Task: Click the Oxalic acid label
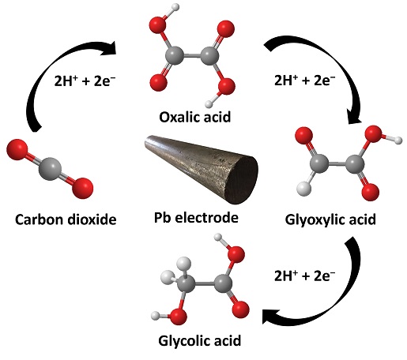(195, 117)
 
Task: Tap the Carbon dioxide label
(66, 219)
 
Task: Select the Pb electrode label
(196, 218)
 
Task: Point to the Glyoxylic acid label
(330, 220)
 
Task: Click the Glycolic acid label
(200, 341)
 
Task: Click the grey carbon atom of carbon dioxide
(50, 169)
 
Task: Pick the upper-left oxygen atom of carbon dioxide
(17, 149)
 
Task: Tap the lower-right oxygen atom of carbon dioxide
(83, 188)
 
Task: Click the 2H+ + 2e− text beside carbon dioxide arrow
(85, 81)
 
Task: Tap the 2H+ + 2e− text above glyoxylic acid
(304, 80)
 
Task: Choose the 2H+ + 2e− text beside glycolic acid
(304, 276)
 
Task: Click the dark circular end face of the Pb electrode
(243, 180)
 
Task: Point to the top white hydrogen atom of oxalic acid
(175, 7)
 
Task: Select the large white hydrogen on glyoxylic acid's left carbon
(304, 189)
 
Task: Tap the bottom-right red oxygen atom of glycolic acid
(241, 309)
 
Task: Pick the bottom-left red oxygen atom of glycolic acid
(178, 317)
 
